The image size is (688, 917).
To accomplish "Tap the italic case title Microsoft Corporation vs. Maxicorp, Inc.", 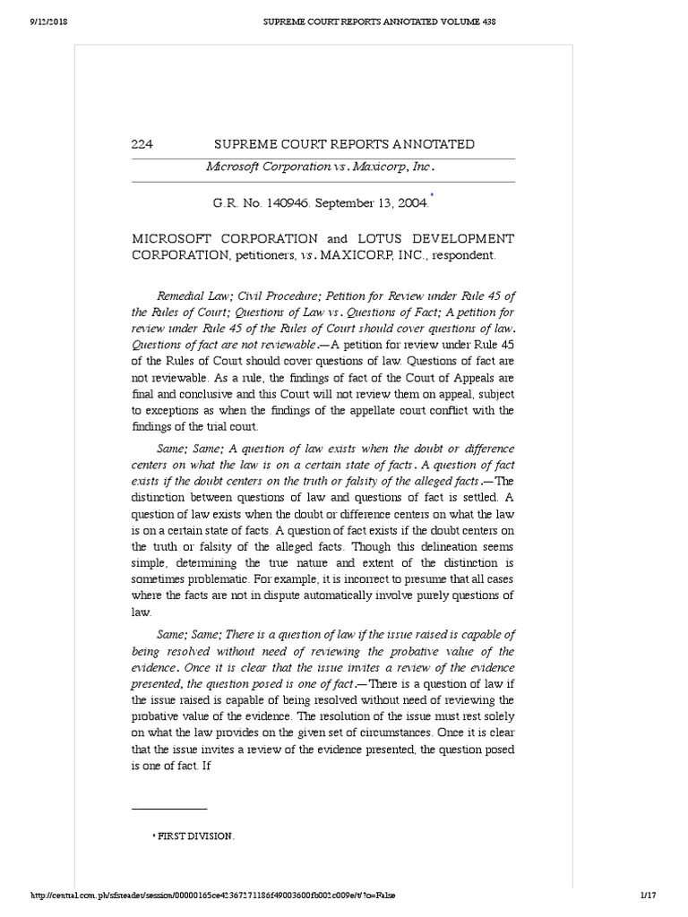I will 321,167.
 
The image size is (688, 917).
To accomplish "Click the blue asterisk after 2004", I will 433,195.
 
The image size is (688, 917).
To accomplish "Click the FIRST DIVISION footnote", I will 195,836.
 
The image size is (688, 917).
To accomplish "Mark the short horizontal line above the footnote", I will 169,810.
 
